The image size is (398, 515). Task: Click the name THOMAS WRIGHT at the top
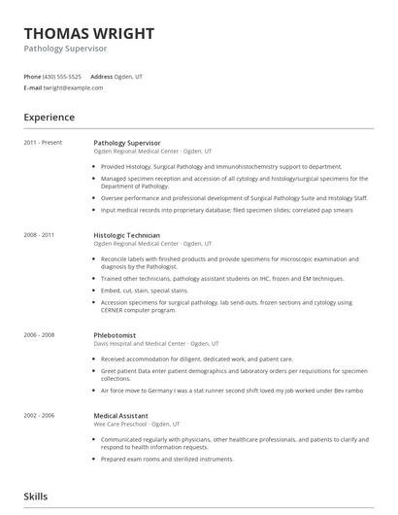coord(88,34)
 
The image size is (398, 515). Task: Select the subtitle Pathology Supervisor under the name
coord(65,49)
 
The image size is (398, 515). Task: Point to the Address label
coord(102,76)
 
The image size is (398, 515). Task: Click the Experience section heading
coord(50,118)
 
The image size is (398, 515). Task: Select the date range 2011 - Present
coord(43,143)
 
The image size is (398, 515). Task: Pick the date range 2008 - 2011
coord(39,235)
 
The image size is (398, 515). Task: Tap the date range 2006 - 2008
coord(39,335)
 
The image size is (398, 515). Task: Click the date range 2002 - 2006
coord(39,415)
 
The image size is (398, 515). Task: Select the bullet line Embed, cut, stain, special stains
coord(146,291)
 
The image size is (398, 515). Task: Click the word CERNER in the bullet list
coord(116,311)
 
